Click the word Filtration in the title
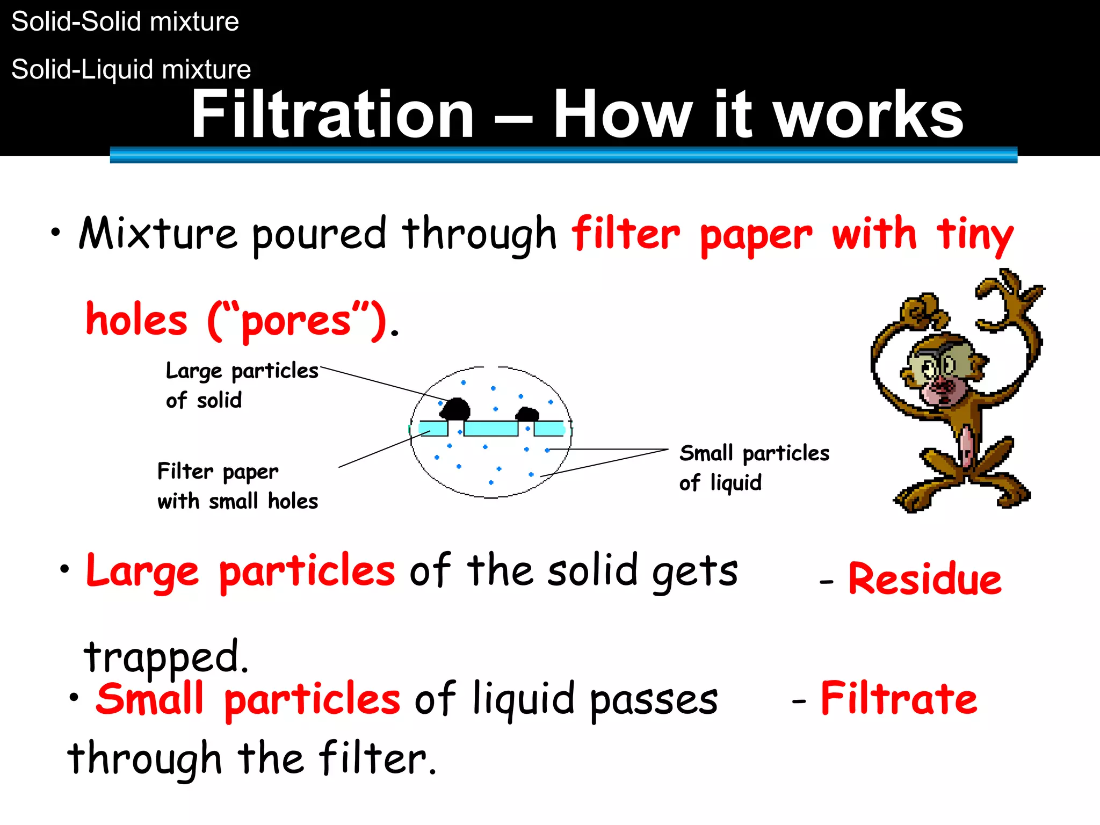click(332, 114)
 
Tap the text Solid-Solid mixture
click(125, 22)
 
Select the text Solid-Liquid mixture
click(131, 70)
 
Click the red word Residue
click(925, 580)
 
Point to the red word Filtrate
click(899, 699)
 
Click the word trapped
click(166, 657)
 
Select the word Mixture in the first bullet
click(157, 234)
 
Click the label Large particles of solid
click(242, 385)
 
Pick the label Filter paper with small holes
click(237, 486)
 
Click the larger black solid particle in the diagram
click(455, 409)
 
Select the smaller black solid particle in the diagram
click(527, 414)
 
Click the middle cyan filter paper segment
click(491, 429)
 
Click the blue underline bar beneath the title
click(563, 155)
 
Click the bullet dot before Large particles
click(65, 569)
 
